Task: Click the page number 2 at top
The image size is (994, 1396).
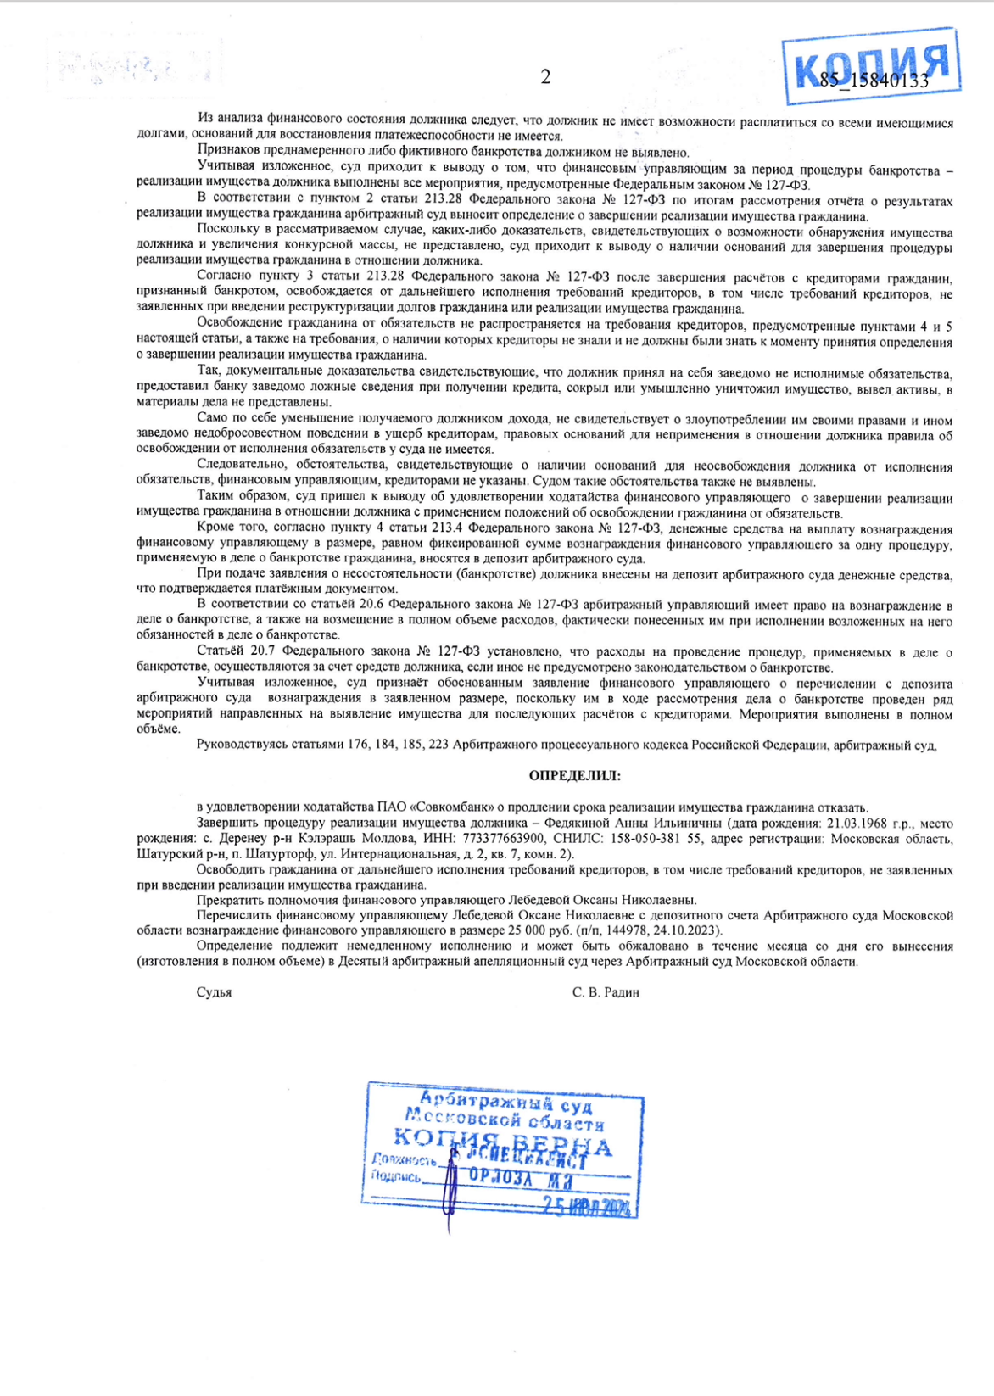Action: click(545, 77)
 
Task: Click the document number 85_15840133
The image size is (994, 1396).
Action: click(874, 81)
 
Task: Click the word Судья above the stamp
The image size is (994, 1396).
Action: click(214, 992)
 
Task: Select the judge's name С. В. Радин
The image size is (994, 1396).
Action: click(606, 992)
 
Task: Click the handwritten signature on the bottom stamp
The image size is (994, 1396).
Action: click(450, 1179)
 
